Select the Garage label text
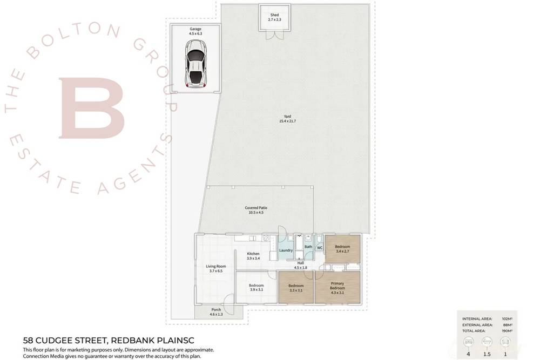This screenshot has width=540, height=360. [195, 29]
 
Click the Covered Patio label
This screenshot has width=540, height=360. [258, 208]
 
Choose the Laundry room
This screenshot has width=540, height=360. [286, 250]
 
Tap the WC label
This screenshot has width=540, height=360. [319, 248]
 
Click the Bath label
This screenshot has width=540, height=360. [308, 247]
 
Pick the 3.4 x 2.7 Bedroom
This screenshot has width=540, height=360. [343, 249]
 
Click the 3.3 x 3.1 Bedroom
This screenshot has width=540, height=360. [296, 288]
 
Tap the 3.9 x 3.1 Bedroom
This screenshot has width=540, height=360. [256, 288]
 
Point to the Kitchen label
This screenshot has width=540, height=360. [253, 254]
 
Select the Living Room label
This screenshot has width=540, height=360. [215, 266]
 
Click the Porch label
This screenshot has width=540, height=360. [215, 310]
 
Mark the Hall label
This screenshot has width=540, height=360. [300, 263]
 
